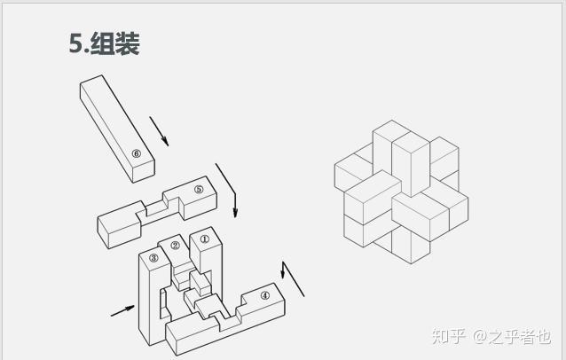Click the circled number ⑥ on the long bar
click(x=136, y=153)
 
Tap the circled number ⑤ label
click(x=199, y=189)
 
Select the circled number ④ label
click(x=264, y=295)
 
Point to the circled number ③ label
click(x=153, y=258)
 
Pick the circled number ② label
click(x=175, y=246)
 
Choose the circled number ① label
click(x=204, y=238)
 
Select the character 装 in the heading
click(x=128, y=44)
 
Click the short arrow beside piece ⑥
click(x=159, y=130)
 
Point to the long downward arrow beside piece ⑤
click(x=227, y=190)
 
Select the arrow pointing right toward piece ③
click(x=123, y=310)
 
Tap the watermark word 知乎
click(x=448, y=336)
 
